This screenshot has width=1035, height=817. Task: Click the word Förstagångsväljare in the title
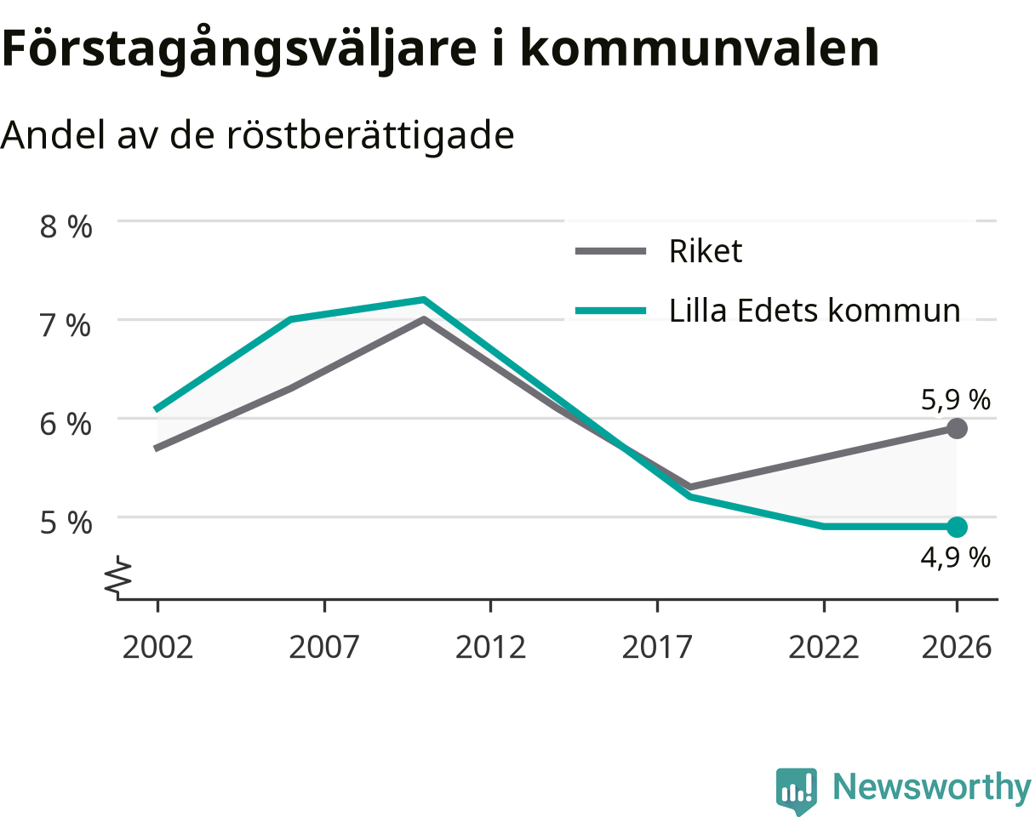[x=239, y=49]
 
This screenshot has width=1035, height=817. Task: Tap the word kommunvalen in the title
[x=700, y=49]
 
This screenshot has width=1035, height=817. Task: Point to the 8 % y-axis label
[x=66, y=226]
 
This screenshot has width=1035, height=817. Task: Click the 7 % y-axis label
[x=66, y=325]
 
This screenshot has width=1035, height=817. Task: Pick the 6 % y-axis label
[x=66, y=424]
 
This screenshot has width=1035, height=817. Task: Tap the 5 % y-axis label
[x=66, y=523]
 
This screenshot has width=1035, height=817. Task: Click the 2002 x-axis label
[x=157, y=648]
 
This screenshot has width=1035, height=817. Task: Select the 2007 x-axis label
[x=323, y=648]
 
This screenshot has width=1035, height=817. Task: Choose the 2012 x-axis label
[x=490, y=648]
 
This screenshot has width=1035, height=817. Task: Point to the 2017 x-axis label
[x=657, y=648]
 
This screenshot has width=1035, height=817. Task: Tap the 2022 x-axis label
[x=823, y=648]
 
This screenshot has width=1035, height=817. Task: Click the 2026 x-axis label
[x=957, y=648]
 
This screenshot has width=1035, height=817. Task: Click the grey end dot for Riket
[x=957, y=428]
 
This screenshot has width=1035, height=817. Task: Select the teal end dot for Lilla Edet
[x=957, y=527]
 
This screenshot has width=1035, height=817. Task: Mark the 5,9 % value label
[x=956, y=400]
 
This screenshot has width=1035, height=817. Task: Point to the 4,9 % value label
[x=956, y=557]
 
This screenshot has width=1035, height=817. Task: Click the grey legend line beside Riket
[x=610, y=250]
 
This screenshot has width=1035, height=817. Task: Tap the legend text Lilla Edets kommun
[x=815, y=311]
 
